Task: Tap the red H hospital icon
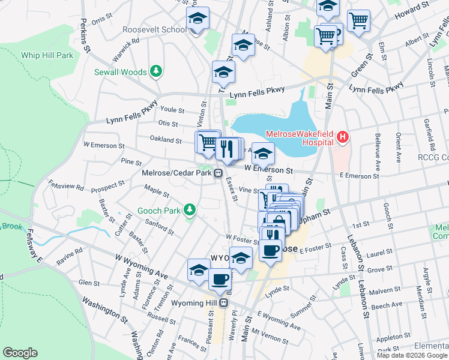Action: coord(342,137)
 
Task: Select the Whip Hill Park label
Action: coord(47,55)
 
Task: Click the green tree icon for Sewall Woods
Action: coord(156,71)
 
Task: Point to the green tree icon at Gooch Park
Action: coord(190,209)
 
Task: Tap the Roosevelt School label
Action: coord(154,29)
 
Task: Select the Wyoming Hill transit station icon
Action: coord(224,302)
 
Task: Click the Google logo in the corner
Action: coord(20,353)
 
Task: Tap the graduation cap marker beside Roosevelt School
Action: coord(197,20)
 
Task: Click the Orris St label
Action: coord(101,20)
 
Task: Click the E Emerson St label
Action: coord(359,176)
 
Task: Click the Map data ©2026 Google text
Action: coord(412,355)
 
